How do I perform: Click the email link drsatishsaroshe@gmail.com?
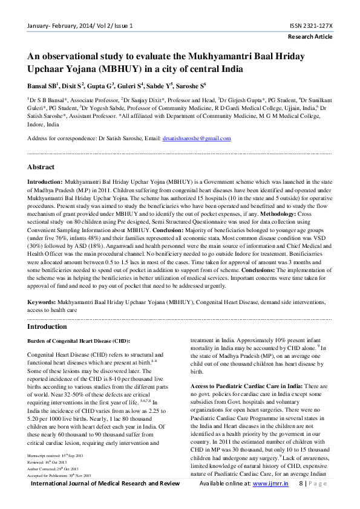click(196, 138)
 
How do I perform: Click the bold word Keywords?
click(45, 300)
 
